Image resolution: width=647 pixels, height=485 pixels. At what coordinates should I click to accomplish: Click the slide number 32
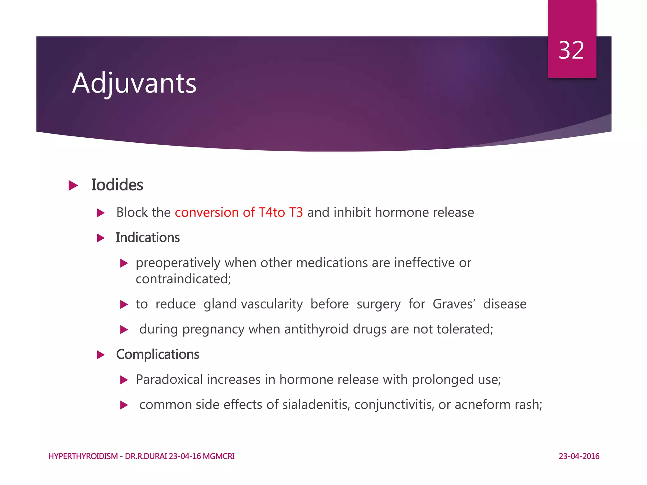(571, 51)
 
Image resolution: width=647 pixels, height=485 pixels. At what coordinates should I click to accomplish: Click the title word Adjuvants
(134, 83)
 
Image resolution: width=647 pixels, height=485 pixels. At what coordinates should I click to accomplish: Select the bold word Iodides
(117, 185)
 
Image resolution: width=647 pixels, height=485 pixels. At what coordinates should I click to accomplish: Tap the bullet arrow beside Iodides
(73, 185)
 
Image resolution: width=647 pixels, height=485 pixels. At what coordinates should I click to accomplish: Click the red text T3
(296, 213)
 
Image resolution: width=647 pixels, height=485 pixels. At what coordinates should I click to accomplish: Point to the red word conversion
(207, 213)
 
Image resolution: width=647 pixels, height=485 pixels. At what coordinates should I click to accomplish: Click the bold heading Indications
(148, 238)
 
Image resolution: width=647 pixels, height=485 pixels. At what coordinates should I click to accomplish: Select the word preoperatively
(178, 263)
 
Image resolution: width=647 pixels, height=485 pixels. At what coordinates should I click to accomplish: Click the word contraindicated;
(183, 279)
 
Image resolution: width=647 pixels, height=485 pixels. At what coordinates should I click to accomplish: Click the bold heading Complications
(158, 355)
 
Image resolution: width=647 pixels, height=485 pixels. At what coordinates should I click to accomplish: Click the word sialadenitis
(316, 405)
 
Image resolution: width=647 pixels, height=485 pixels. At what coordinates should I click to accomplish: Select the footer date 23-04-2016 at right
(579, 456)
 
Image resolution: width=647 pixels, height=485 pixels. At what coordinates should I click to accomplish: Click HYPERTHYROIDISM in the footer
(83, 456)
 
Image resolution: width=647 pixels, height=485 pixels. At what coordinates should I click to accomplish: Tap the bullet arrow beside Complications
(101, 355)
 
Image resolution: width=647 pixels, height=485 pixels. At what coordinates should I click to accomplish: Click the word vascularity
(272, 304)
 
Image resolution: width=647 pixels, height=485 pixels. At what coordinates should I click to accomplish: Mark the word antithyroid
(316, 329)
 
